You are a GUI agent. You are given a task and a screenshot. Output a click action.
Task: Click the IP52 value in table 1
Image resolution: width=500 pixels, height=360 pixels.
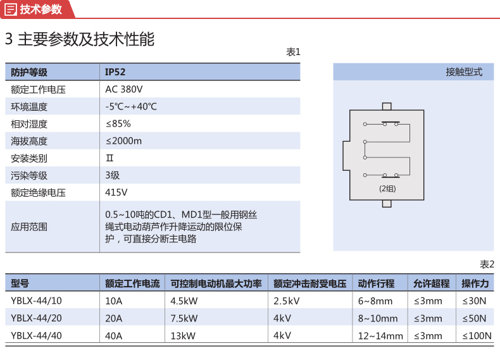(115, 72)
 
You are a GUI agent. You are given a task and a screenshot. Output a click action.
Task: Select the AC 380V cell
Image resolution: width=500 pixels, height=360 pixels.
(123, 89)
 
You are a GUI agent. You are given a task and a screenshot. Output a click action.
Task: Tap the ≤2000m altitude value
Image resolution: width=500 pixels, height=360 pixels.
(123, 141)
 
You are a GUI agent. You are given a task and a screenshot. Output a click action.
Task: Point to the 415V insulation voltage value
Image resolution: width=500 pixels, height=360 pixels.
(116, 192)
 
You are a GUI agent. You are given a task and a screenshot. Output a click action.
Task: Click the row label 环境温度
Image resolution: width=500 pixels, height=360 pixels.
(29, 106)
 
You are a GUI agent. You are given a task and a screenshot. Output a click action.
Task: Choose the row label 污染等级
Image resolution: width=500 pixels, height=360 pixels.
(29, 175)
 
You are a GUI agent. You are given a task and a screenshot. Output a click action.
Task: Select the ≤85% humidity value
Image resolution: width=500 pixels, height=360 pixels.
(118, 124)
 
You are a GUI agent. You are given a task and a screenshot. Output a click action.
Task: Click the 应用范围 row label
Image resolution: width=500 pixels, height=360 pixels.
(29, 227)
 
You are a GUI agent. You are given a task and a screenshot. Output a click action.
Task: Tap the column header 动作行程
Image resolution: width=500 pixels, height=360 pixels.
(377, 283)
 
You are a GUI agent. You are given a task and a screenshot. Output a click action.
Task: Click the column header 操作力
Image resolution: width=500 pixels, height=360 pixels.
(475, 283)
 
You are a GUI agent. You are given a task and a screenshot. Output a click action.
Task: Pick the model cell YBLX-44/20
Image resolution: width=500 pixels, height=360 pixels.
(36, 318)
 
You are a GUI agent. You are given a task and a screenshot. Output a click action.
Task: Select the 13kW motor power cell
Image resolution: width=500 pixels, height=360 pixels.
(183, 336)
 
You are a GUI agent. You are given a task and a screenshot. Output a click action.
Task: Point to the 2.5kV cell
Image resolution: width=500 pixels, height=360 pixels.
(286, 301)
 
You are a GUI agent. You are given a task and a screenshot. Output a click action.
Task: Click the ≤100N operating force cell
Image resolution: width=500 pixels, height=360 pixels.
(477, 336)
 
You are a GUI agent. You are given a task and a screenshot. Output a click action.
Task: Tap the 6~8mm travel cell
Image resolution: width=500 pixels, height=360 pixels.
(375, 301)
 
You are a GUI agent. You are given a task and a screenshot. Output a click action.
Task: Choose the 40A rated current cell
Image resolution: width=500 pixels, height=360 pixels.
(114, 336)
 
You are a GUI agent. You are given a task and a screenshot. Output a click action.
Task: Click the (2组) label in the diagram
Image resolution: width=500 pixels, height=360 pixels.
(387, 189)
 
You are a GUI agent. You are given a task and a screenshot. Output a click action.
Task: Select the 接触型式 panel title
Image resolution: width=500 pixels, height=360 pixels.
(465, 72)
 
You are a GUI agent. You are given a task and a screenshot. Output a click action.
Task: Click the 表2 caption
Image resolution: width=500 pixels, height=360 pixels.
(487, 264)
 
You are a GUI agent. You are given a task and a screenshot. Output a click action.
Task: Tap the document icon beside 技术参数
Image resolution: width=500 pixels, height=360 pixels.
(11, 9)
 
